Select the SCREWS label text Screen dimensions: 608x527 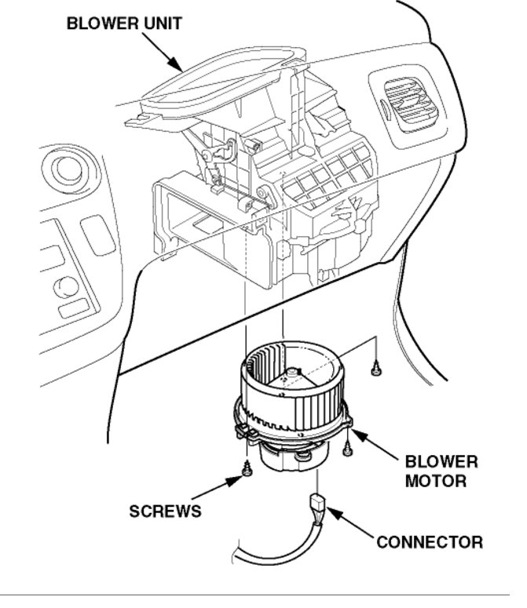(165, 511)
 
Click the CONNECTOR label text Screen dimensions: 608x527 (430, 541)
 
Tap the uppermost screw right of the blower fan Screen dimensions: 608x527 (377, 366)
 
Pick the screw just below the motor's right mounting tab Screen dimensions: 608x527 (346, 447)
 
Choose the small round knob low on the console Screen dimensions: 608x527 (66, 286)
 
